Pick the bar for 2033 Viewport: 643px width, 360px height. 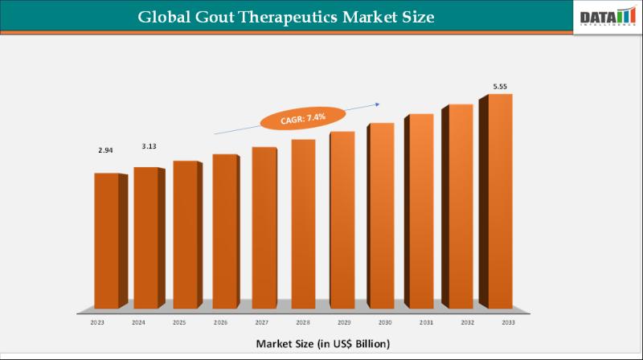click(x=498, y=201)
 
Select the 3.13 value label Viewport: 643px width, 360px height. click(x=149, y=145)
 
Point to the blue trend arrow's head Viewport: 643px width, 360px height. click(x=378, y=102)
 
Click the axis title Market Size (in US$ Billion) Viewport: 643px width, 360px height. click(x=323, y=343)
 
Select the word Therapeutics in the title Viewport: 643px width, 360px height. click(x=294, y=17)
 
